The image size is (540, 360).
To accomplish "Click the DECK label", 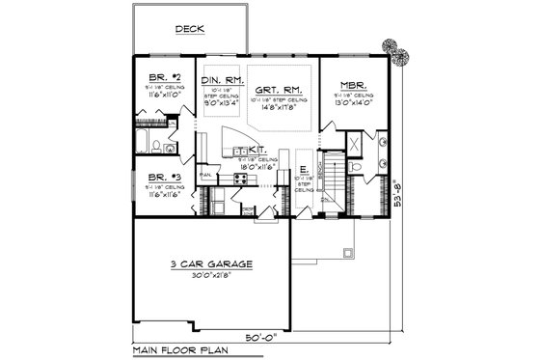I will coord(188,30).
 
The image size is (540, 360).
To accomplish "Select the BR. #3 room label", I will coord(155,176).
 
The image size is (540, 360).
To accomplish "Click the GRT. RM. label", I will coord(277,88).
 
